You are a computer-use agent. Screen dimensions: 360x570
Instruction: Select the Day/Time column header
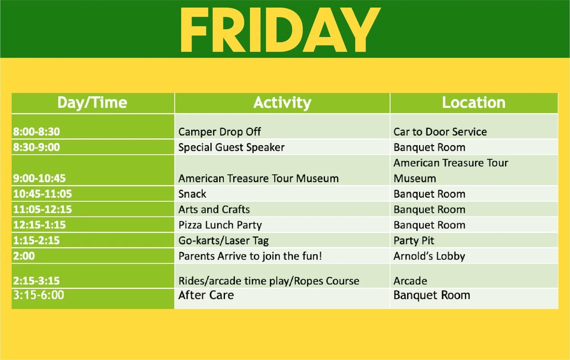point(92,103)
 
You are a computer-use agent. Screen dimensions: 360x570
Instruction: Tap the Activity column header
point(282,103)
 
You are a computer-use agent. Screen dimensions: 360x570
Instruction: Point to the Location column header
point(473,103)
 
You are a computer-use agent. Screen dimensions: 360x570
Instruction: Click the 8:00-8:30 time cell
point(36,132)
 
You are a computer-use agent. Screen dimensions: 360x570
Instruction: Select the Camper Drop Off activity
point(220,132)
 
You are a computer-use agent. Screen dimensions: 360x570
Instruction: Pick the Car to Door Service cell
point(440,132)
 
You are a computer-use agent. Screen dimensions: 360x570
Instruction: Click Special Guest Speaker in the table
point(231,147)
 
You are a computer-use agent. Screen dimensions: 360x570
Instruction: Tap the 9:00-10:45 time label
point(40,178)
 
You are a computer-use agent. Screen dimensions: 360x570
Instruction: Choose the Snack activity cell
point(192,194)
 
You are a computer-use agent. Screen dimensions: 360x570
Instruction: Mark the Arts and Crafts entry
point(214,209)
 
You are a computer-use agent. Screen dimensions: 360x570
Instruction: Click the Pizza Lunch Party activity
point(220,225)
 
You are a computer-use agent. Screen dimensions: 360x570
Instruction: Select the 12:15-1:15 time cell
point(40,225)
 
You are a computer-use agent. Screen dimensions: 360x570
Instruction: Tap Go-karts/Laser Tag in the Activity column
point(223,241)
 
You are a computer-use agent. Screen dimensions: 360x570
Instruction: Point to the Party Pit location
point(414,241)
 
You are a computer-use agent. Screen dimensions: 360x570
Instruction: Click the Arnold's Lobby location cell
point(429,256)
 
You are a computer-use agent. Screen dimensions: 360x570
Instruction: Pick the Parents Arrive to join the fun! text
point(250,256)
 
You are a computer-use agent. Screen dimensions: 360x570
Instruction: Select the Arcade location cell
point(410,281)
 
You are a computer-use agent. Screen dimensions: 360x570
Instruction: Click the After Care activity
point(206,295)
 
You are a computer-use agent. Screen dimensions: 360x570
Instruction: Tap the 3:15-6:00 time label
point(39,295)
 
